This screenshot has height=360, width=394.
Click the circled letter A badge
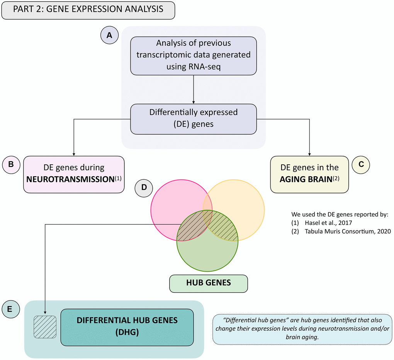tap(109, 35)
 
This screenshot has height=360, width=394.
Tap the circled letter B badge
tap(11, 164)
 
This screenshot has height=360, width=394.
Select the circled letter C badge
tap(361, 164)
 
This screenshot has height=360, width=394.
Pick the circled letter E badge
tap(11, 309)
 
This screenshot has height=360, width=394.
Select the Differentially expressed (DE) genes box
tap(194, 119)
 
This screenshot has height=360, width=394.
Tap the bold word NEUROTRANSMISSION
tap(68, 179)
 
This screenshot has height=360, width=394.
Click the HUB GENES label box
tap(208, 283)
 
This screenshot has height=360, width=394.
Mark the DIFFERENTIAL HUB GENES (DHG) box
tap(127, 326)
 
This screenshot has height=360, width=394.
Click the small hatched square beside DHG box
tap(45, 327)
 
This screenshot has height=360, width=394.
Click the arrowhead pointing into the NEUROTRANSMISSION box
tap(74, 154)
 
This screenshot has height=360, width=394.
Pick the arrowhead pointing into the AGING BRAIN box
tap(310, 154)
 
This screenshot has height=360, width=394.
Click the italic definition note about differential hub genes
tap(302, 329)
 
